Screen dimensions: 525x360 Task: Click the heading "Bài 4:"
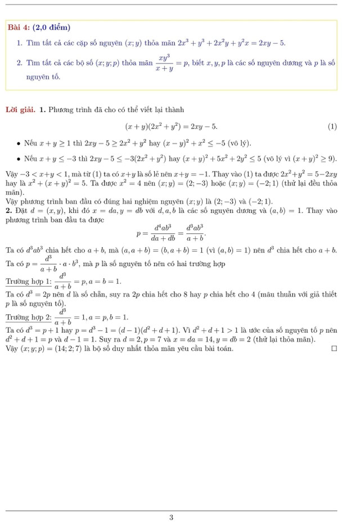20,28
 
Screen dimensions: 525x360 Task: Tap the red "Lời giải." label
21,109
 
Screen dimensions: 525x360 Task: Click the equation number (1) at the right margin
332,126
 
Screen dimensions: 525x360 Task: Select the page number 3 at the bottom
171,517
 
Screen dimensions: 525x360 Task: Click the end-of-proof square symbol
334,349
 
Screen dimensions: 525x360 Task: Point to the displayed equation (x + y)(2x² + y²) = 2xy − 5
171,126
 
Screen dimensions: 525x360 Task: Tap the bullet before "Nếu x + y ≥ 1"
19,143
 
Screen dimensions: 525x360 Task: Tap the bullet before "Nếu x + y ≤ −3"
19,160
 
